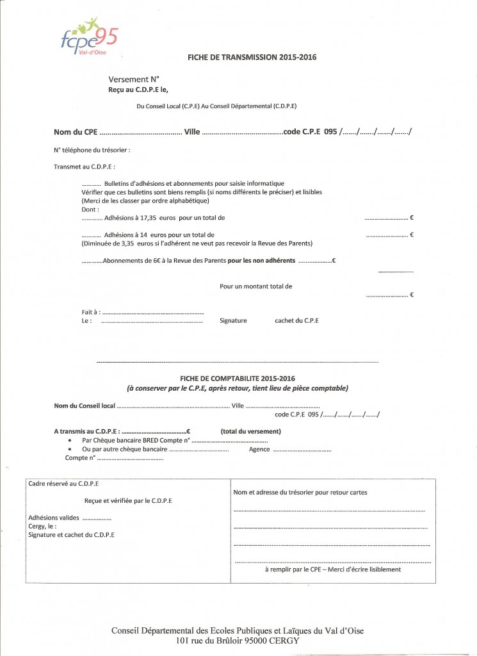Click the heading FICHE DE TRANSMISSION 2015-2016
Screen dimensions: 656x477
tap(252, 57)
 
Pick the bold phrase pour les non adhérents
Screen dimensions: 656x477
tap(261, 261)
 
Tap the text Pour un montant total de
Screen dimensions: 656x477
tap(255, 286)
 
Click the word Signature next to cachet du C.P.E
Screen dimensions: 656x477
tap(233, 320)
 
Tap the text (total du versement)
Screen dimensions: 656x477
tap(250, 431)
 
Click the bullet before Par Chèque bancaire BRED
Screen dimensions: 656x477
tap(70, 441)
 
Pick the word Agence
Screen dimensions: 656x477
tap(259, 449)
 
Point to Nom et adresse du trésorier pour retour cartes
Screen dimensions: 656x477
tap(300, 492)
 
